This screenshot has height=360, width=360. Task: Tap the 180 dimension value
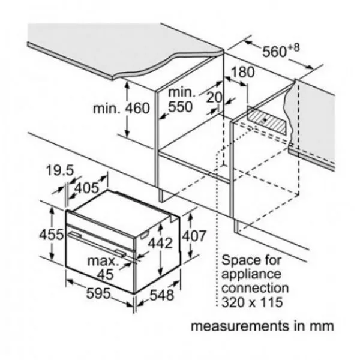point(242,73)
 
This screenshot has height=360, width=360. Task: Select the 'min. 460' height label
point(120,109)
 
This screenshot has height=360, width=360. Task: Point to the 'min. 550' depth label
point(181,100)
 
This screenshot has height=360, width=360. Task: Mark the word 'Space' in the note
point(238,261)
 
